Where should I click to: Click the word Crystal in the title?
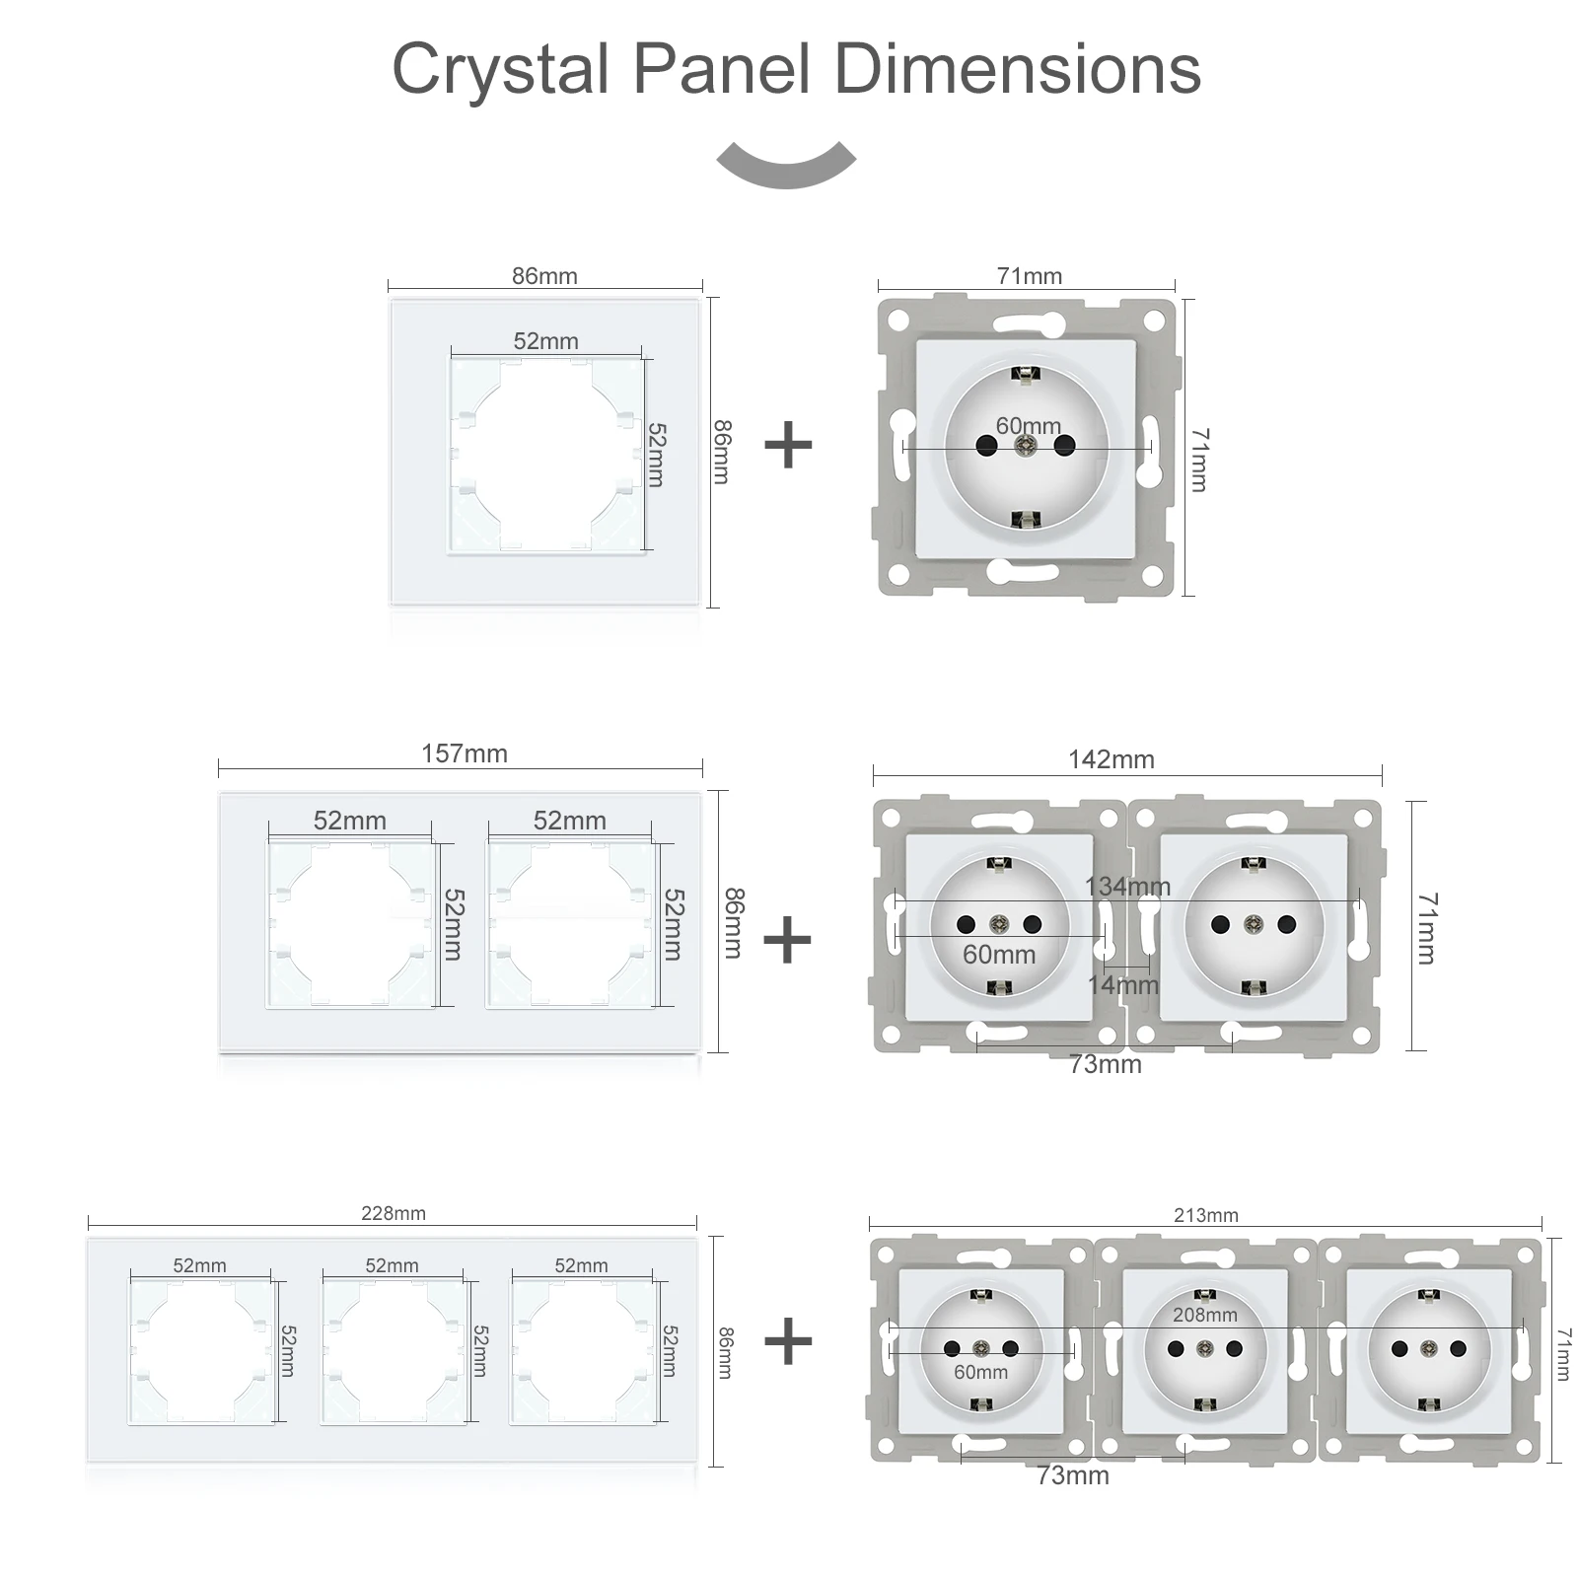click(500, 69)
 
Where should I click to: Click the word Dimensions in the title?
click(1017, 69)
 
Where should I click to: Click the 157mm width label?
click(464, 753)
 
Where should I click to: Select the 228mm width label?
click(393, 1213)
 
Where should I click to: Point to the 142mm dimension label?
click(1111, 759)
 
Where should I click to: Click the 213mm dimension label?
click(1205, 1215)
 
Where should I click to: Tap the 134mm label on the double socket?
click(1127, 886)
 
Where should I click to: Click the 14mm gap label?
click(1122, 984)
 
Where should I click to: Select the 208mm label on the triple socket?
click(1204, 1315)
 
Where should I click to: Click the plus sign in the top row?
click(788, 445)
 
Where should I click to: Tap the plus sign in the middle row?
click(787, 939)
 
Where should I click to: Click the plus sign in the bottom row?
click(787, 1341)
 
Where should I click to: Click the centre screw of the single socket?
click(1026, 446)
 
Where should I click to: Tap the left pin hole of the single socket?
click(986, 446)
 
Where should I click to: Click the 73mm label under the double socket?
click(1105, 1064)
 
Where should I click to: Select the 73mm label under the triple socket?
click(1072, 1475)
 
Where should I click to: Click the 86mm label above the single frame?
click(543, 276)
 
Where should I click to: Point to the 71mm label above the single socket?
click(1029, 276)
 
